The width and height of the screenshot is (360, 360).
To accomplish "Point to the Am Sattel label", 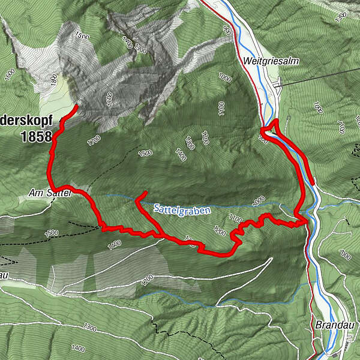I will click(x=50, y=193).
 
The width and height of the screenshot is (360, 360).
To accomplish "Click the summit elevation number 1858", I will click(x=36, y=137).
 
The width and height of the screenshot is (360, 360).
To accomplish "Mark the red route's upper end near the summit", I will click(x=76, y=106).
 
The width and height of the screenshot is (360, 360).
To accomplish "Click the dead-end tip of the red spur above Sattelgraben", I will click(x=146, y=193).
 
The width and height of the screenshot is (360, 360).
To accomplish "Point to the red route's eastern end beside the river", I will click(x=312, y=182).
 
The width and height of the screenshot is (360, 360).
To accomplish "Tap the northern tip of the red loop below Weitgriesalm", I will click(x=275, y=122).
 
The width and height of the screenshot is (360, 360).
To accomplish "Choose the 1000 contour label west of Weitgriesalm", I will click(x=224, y=77).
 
